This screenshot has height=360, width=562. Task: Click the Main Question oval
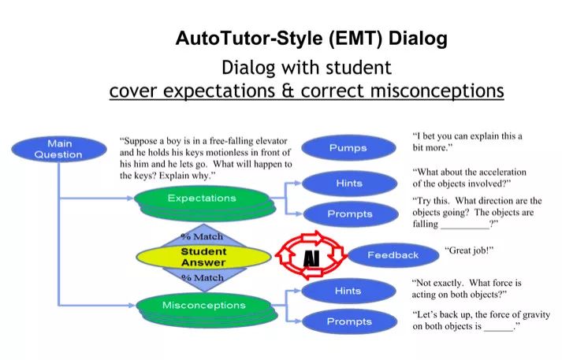58,149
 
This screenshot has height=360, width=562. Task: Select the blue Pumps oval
348,147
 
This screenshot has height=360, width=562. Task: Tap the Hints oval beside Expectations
348,183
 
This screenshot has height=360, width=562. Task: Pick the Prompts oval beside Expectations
348,213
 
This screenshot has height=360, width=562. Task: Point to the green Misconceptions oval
203,305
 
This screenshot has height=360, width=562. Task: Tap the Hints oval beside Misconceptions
348,291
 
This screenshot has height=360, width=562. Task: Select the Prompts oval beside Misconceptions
348,321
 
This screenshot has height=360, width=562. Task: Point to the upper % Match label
203,236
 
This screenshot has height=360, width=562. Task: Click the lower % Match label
203,278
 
